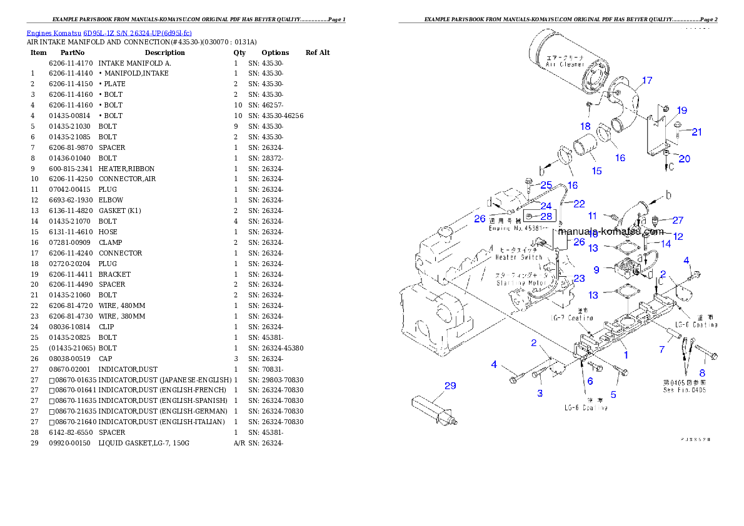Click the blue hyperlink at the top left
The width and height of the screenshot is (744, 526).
pyautogui.click(x=109, y=32)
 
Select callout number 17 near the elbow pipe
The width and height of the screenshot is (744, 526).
pyautogui.click(x=646, y=81)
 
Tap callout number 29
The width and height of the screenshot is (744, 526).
pyautogui.click(x=450, y=385)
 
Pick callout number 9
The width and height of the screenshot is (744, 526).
pyautogui.click(x=596, y=270)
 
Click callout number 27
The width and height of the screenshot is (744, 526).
pyautogui.click(x=678, y=220)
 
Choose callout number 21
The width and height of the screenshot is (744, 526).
pyautogui.click(x=696, y=132)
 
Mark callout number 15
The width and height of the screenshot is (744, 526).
pyautogui.click(x=596, y=171)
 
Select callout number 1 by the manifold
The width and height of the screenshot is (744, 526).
pyautogui.click(x=625, y=355)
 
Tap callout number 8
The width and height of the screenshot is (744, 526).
pyautogui.click(x=702, y=372)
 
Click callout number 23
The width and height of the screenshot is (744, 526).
pyautogui.click(x=579, y=279)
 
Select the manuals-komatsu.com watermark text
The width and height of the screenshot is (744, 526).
pyautogui.click(x=611, y=231)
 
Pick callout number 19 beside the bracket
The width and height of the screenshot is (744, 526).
pyautogui.click(x=681, y=111)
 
